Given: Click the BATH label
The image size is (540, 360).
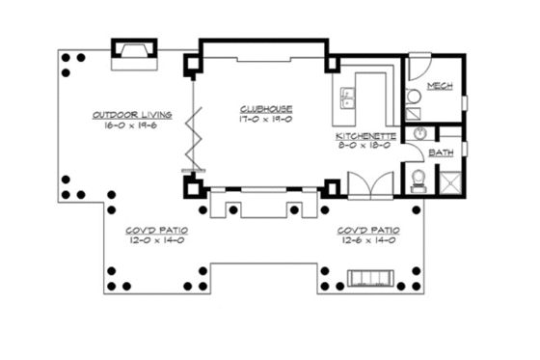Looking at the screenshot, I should click(x=441, y=152).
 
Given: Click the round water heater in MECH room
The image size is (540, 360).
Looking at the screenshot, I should click(x=413, y=96).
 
